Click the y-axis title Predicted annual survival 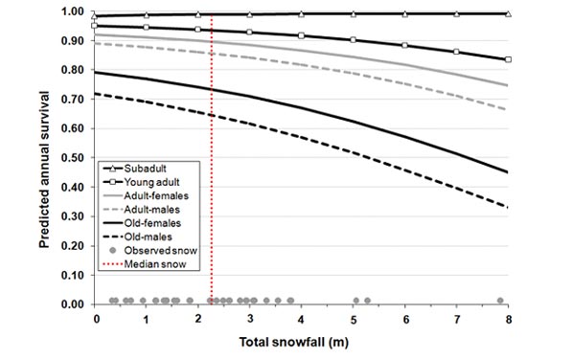45,158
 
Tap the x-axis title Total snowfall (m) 302,341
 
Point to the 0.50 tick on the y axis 73,158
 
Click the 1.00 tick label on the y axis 73,12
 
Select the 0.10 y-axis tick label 73,275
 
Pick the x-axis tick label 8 508,318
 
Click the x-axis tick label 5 354,318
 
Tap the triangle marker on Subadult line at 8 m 508,13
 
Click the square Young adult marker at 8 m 508,59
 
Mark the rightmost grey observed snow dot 500,300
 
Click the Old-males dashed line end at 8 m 508,207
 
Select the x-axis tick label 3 250,318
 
